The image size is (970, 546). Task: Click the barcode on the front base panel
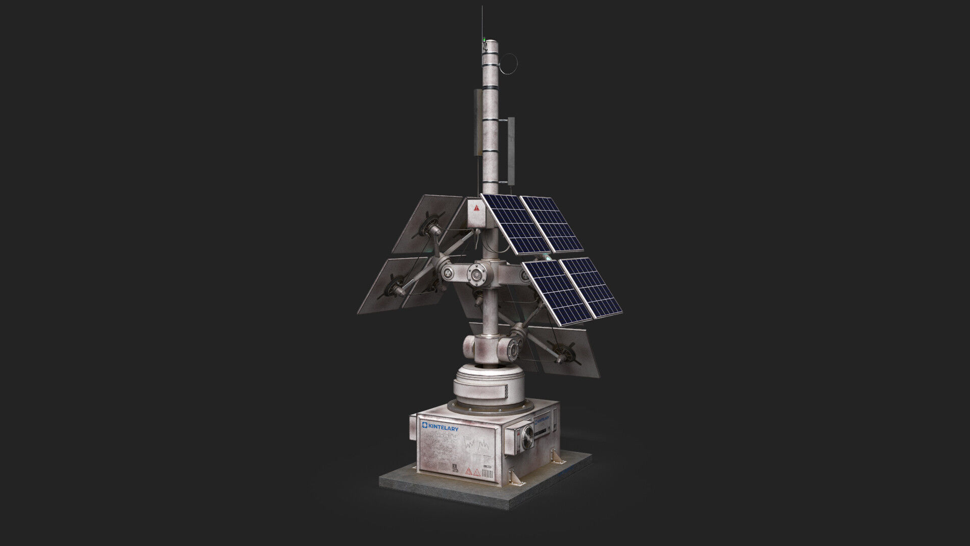pyautogui.click(x=487, y=475)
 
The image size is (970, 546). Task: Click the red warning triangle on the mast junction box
pyautogui.click(x=476, y=208)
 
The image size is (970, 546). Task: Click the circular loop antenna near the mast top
pyautogui.click(x=510, y=63)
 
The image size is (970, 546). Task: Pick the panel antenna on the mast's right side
pyautogui.click(x=511, y=151)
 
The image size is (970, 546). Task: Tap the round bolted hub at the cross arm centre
pyautogui.click(x=476, y=275)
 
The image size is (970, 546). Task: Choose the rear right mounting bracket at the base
pyautogui.click(x=558, y=457)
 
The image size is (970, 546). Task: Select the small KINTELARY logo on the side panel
pyautogui.click(x=542, y=420)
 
